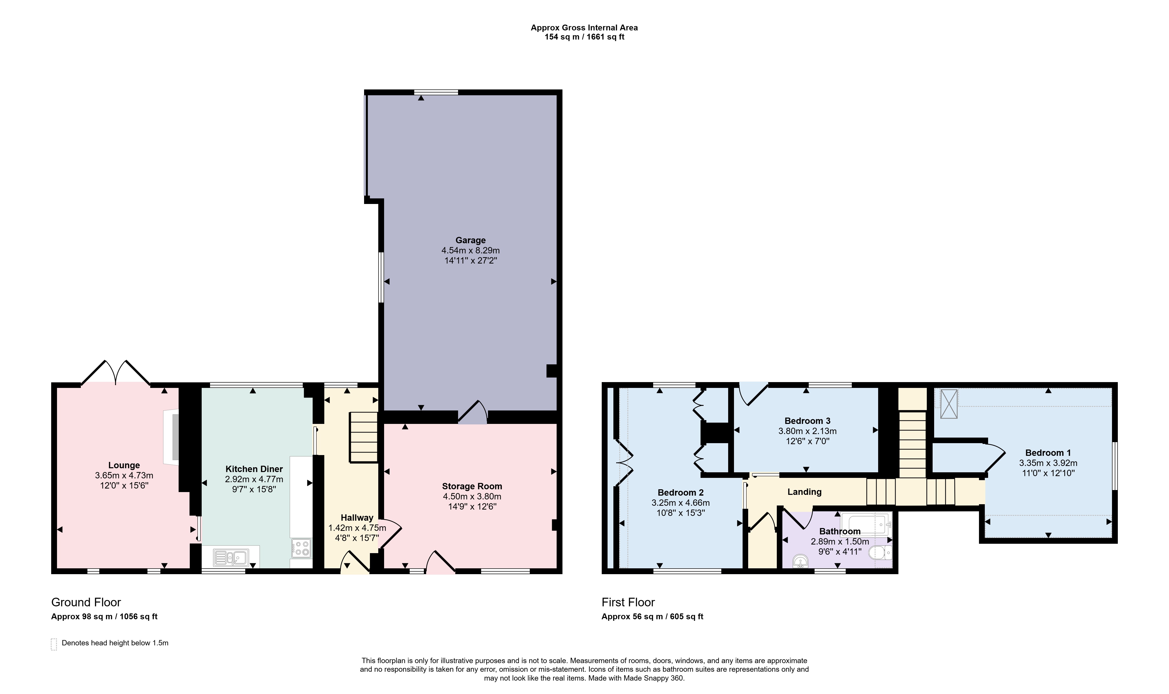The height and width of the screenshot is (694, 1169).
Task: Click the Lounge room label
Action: coord(124,465)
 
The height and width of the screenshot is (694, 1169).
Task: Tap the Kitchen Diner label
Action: coord(254,469)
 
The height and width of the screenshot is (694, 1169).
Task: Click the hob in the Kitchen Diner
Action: coord(301,548)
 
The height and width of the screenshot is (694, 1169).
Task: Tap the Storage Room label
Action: coord(472,486)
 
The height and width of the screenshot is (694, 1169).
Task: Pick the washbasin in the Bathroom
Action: coord(801,561)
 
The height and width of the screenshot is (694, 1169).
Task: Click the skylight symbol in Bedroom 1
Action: coord(949,403)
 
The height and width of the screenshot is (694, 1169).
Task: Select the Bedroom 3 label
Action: coord(807,421)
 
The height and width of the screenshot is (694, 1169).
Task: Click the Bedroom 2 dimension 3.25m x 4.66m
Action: coord(680,503)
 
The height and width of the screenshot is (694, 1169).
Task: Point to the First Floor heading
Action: coord(628,602)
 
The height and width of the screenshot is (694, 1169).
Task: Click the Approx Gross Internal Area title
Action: coord(584,28)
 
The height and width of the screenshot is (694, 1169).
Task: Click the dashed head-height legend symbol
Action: coord(54,644)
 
